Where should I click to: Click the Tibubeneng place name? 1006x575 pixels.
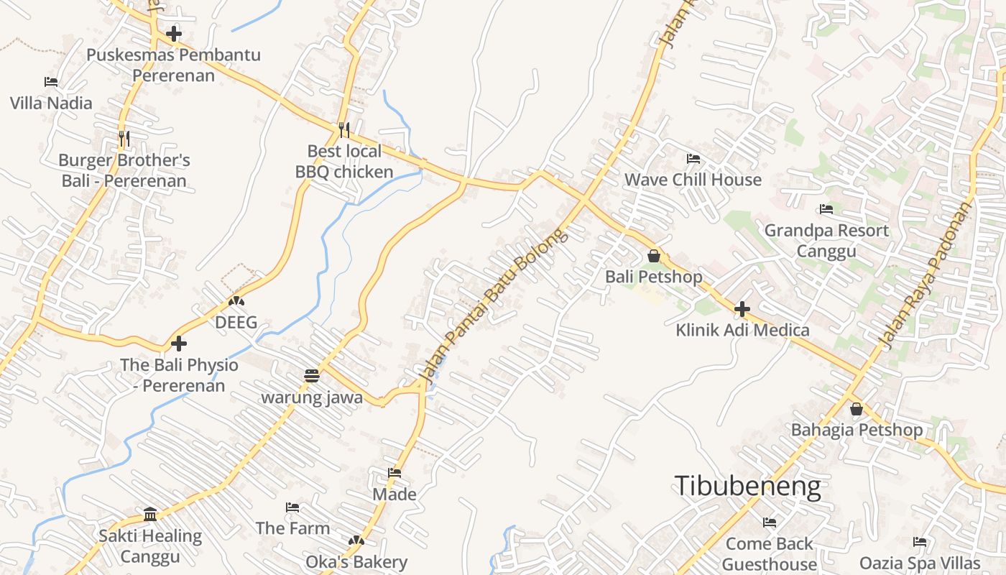point(747,487)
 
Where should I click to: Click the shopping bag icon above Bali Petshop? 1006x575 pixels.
point(654,256)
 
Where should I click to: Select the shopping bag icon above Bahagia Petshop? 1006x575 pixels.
point(856,410)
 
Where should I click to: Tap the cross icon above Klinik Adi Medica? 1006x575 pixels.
point(742,309)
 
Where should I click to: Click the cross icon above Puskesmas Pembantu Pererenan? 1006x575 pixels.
point(173,34)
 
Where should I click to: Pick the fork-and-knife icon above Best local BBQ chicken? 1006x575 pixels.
point(344,130)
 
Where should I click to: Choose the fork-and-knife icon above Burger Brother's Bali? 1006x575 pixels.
point(124,139)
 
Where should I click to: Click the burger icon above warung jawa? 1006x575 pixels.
point(312,376)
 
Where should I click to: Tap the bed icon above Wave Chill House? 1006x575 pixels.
point(693,159)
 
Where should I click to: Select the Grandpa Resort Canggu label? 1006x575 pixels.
point(826,241)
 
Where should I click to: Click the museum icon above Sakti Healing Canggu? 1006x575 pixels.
point(150,514)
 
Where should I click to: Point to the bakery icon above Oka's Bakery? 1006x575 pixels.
point(356,540)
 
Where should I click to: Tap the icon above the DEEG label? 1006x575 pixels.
point(236,301)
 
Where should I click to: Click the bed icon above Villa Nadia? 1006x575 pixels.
point(51,82)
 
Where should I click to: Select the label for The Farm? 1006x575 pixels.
point(292,528)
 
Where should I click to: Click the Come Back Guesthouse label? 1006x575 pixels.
point(769,553)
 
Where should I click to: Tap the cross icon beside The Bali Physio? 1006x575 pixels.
point(179,344)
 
